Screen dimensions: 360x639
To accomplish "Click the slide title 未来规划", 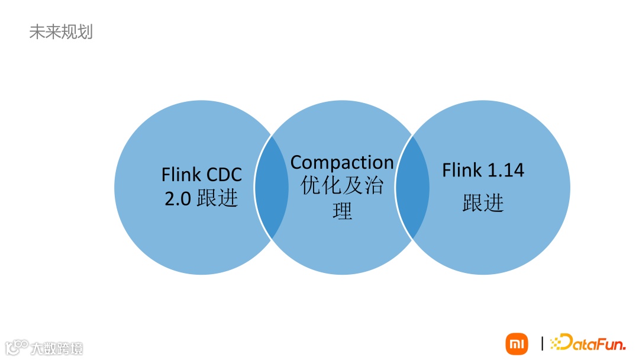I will (x=61, y=31).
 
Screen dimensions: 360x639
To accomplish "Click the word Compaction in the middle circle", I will (x=342, y=162).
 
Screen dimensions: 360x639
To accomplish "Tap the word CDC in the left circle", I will (x=224, y=175).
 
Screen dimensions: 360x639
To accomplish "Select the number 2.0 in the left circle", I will (x=177, y=199).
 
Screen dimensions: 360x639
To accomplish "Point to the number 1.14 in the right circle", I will (x=505, y=171).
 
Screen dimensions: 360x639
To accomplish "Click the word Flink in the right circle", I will (x=461, y=171).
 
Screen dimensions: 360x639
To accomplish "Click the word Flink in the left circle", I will (x=181, y=175).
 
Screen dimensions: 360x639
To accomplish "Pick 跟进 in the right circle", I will (x=483, y=203).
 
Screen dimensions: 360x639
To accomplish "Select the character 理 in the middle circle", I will (x=342, y=211).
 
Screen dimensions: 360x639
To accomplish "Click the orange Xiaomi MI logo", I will (x=517, y=343).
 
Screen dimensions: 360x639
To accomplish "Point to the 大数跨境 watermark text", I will (x=57, y=348).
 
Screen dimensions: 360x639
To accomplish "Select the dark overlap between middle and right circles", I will (x=412, y=187).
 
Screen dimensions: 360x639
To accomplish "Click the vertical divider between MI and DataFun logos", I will (x=542, y=343).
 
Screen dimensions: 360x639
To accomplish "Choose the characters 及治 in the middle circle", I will (x=363, y=186).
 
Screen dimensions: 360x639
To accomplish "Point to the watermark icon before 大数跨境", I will (x=17, y=346).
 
